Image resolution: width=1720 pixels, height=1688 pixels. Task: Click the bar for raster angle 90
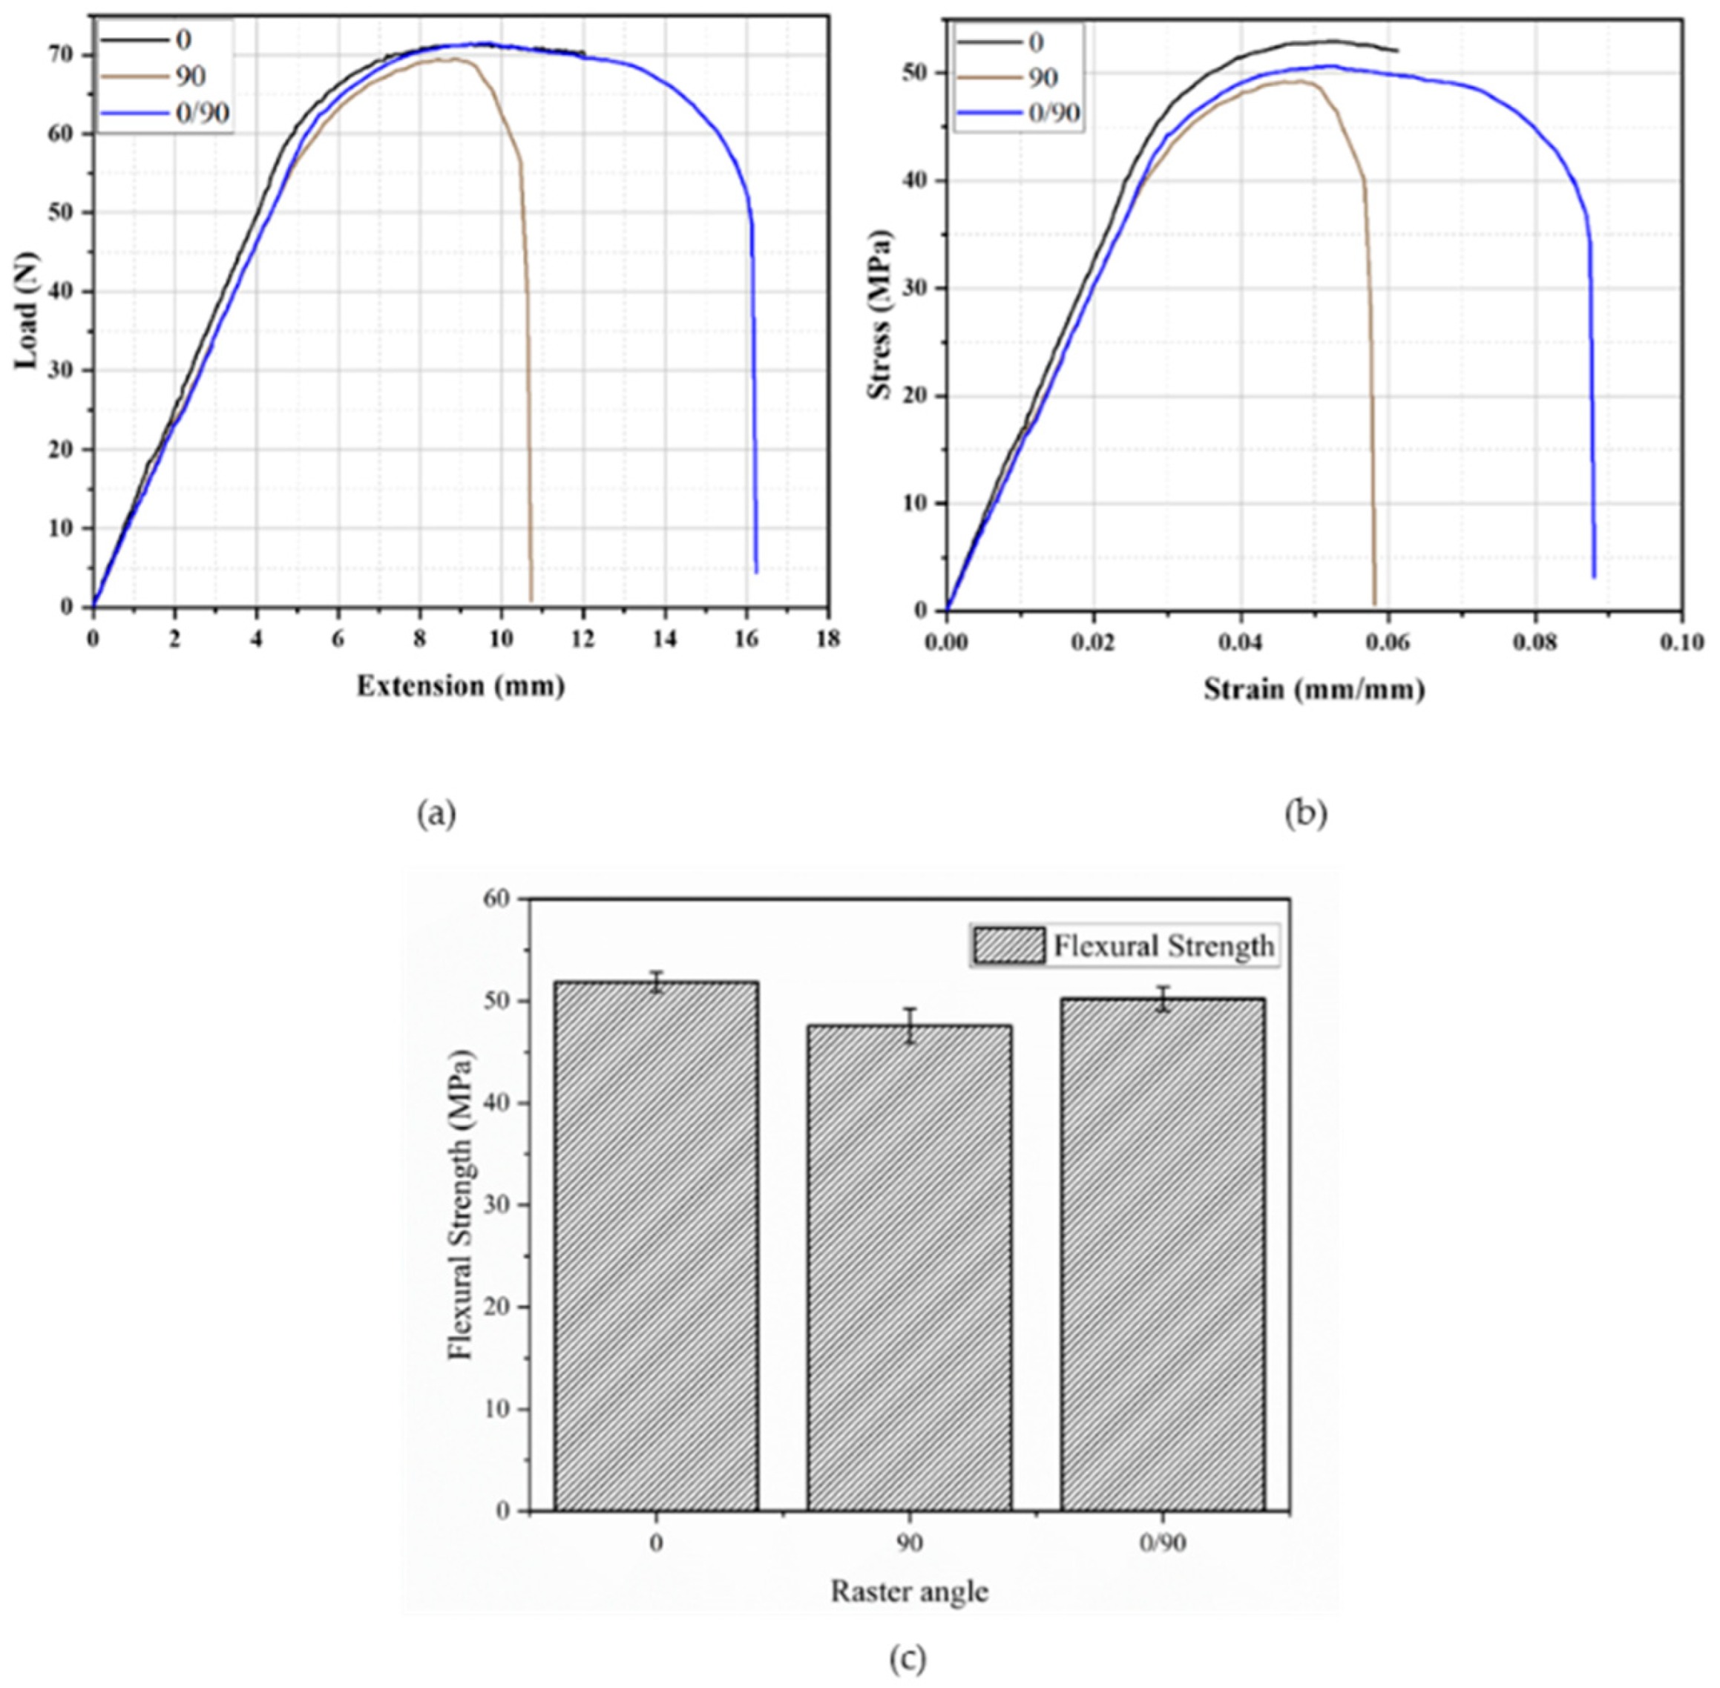(909, 1268)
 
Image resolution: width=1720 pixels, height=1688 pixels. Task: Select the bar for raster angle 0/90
(1162, 1255)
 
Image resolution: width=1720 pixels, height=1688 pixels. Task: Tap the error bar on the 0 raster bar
(656, 982)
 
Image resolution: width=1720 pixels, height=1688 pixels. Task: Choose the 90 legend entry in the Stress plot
(1020, 79)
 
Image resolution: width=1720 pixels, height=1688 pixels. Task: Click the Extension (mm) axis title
(460, 686)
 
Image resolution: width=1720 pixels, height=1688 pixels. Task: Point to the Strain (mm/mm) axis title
(1314, 689)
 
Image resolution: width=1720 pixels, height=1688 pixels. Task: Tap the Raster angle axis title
(909, 1592)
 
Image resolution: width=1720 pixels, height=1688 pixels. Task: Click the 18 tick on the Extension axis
(828, 639)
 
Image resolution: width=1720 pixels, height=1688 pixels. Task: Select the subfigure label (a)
(436, 814)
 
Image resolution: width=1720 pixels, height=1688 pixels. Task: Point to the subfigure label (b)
(1306, 814)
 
